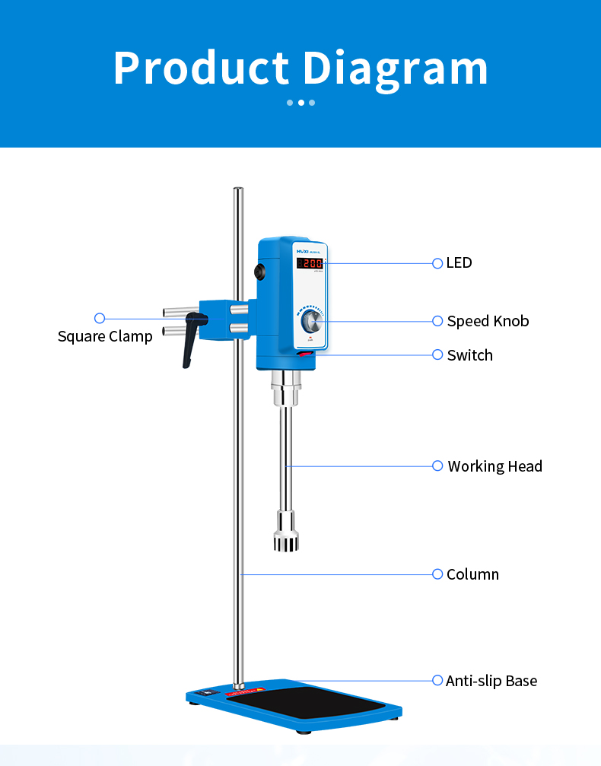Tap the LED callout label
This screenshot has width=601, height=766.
459,262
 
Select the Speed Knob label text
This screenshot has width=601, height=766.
488,321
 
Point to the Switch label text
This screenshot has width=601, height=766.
469,355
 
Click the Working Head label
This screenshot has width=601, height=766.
494,466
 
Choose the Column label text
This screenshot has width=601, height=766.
472,574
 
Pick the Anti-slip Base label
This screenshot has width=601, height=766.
491,681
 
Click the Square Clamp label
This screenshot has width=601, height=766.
105,336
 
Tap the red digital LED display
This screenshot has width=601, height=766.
310,264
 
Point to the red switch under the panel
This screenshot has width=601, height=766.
305,354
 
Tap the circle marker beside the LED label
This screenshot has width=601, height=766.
437,263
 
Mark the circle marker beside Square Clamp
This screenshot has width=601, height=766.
99,318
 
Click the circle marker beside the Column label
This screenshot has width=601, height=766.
437,574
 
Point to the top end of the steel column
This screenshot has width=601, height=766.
238,190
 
